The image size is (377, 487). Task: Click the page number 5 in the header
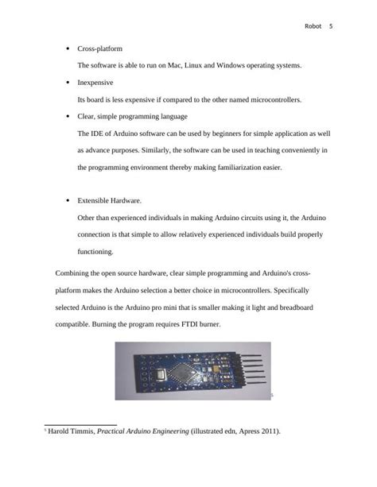tap(330, 26)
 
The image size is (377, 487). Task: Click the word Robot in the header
tap(313, 26)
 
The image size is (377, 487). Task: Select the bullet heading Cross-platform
tap(99, 48)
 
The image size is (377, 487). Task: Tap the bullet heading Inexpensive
tap(95, 82)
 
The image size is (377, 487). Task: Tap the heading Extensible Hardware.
tap(109, 201)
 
